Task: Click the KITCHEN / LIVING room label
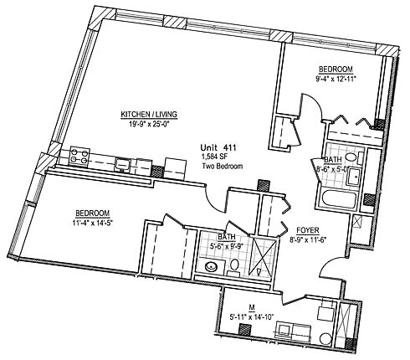(149, 115)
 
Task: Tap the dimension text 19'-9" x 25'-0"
(149, 124)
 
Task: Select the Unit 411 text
(218, 147)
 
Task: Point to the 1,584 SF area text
(214, 157)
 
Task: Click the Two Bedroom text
(223, 166)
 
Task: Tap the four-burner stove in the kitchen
(79, 156)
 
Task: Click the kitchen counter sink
(122, 163)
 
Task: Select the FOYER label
(308, 230)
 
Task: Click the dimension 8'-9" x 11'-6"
(308, 239)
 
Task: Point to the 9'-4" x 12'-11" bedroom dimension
(336, 79)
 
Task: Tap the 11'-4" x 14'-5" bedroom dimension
(92, 223)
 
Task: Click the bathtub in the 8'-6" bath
(339, 198)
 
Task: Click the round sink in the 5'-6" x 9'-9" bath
(211, 267)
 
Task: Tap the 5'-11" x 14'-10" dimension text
(253, 316)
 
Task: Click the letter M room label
(252, 307)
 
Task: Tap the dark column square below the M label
(245, 328)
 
